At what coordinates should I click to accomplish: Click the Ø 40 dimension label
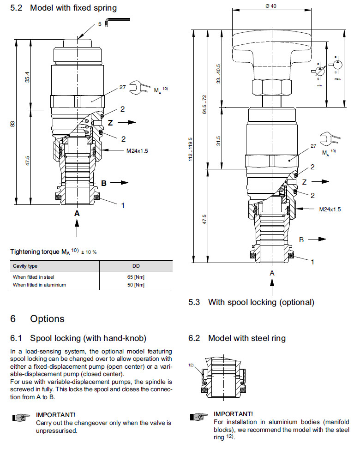click(x=270, y=6)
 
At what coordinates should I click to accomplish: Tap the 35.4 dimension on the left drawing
click(x=28, y=78)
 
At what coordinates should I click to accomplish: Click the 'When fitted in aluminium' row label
click(x=39, y=285)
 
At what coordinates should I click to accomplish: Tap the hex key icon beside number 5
click(x=117, y=21)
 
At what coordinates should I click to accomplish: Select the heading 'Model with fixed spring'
click(x=73, y=8)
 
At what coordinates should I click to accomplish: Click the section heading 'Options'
click(x=47, y=319)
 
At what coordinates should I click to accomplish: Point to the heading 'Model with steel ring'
click(x=247, y=338)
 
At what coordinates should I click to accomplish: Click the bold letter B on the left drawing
click(x=104, y=183)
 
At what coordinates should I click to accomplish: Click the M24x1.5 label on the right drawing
click(x=330, y=209)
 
